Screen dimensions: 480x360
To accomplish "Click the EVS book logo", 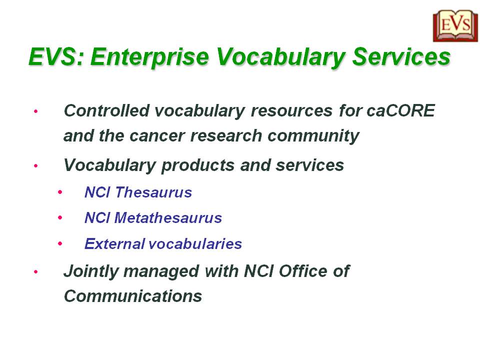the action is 455,26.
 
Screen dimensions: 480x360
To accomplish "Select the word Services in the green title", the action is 401,56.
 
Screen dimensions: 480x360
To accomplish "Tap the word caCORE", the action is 400,110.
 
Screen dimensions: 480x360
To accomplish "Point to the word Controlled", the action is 107,110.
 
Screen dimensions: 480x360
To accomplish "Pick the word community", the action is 313,136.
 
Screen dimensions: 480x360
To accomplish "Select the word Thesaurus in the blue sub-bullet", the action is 153,192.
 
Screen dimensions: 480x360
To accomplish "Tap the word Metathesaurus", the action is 168,218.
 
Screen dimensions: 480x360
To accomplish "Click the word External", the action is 115,244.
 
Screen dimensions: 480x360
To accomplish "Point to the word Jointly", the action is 90,272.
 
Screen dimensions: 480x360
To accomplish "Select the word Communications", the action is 133,296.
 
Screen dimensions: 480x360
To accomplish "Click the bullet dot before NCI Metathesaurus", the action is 60,218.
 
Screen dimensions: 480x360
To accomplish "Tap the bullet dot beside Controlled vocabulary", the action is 36,111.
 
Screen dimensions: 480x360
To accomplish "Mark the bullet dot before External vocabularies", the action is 60,244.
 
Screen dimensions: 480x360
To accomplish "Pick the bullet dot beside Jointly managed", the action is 36,272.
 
